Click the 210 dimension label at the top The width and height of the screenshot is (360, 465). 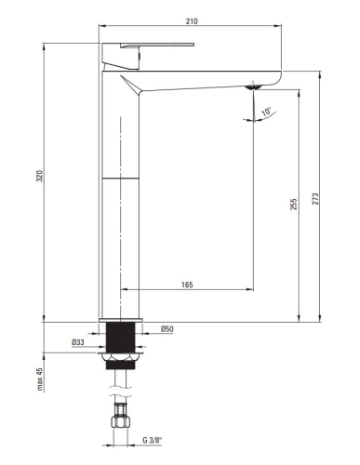[192, 21]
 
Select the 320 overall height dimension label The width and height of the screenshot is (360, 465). [40, 176]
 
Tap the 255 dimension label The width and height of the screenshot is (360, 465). [293, 205]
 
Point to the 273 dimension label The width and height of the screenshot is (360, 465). [315, 199]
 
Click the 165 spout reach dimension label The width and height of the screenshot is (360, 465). [187, 285]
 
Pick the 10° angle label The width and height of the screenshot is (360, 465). [266, 112]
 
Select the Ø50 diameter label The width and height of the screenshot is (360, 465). [167, 329]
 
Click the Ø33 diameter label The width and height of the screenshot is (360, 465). [78, 342]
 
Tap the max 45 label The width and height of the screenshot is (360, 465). [40, 379]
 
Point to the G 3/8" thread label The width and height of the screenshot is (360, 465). [153, 440]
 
